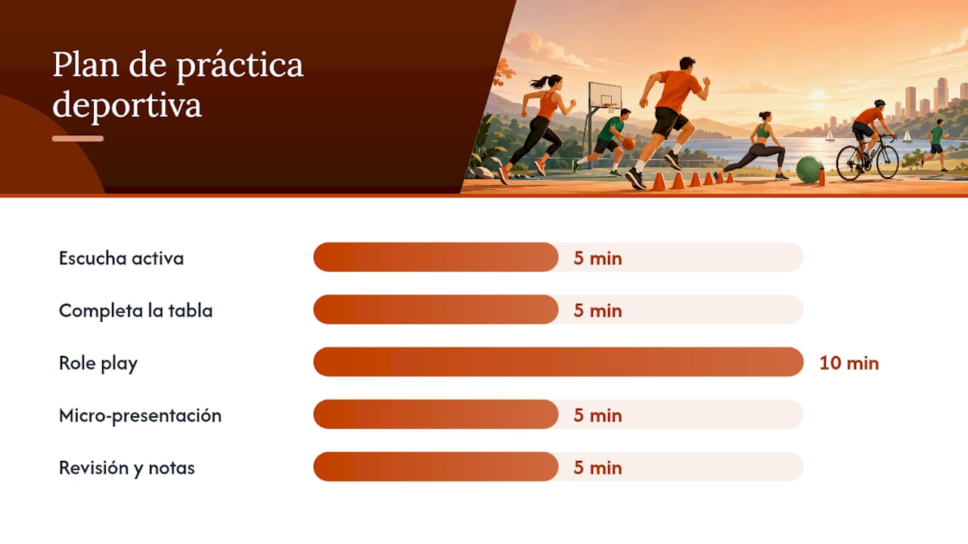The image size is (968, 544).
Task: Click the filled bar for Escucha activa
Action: [436, 258]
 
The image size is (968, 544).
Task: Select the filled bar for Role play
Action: [558, 362]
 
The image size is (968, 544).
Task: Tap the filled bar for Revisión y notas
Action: [436, 467]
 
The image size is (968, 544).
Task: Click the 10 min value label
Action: [849, 363]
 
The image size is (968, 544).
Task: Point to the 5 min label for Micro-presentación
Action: [598, 416]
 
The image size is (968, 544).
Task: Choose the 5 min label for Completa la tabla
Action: [598, 311]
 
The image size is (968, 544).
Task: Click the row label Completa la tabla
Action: [135, 311]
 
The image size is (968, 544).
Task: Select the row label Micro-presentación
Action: [140, 416]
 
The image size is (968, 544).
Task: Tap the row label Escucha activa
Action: [122, 258]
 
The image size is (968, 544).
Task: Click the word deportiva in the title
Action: [127, 104]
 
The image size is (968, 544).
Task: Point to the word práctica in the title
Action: [240, 65]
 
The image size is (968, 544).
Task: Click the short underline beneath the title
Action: [78, 138]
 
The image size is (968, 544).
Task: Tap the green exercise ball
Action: [809, 169]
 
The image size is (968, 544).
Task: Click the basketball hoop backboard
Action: [606, 96]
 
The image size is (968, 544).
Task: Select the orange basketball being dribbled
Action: [629, 144]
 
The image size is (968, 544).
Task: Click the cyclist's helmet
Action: [880, 104]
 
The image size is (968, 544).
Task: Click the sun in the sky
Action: [818, 94]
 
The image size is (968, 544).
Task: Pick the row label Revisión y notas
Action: [126, 468]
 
